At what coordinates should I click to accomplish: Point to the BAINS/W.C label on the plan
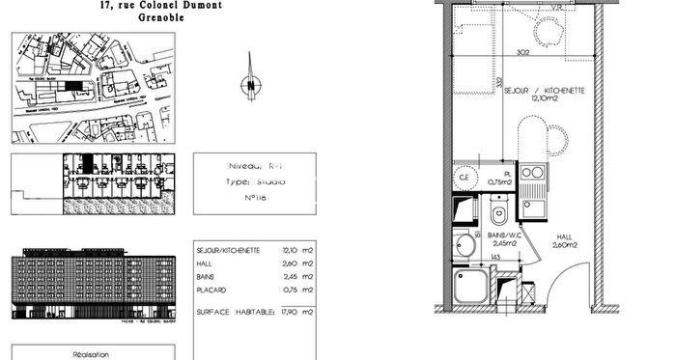tap(507, 235)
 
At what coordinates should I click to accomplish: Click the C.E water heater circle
tap(464, 178)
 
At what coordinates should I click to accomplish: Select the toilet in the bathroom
tap(499, 213)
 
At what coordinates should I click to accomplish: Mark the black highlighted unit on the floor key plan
tap(86, 164)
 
